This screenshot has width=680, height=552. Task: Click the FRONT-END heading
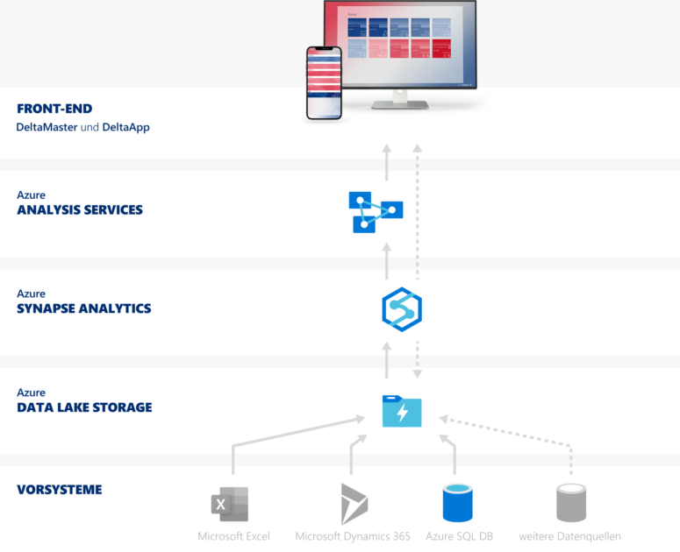(54, 110)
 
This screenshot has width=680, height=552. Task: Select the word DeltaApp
(125, 127)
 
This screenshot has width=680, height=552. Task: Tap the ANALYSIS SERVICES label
(80, 210)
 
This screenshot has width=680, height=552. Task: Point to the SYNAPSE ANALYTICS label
(84, 308)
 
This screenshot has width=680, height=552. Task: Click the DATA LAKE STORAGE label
(84, 407)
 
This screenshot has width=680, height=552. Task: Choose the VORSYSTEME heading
(60, 490)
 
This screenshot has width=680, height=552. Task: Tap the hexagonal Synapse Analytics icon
(402, 309)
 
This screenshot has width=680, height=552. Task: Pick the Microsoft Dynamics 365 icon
(354, 504)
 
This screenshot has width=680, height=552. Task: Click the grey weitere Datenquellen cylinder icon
(570, 503)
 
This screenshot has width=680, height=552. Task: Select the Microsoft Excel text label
(233, 536)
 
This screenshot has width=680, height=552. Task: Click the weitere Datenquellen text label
(570, 536)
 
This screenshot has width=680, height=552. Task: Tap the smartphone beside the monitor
(323, 82)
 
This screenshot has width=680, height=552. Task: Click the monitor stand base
(400, 104)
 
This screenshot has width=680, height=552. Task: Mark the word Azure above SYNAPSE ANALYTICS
(31, 294)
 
